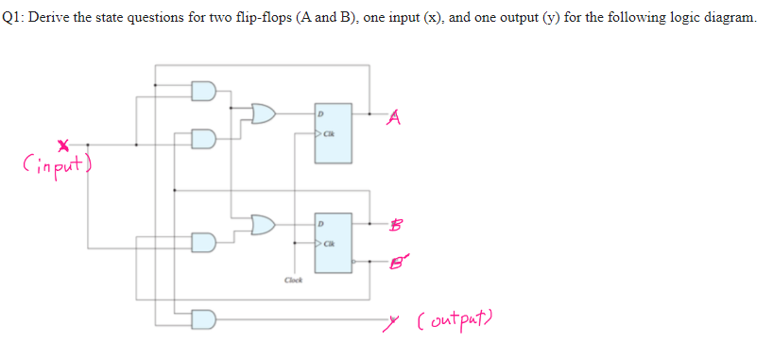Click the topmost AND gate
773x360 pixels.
[x=204, y=92]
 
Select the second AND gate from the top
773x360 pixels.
[x=204, y=141]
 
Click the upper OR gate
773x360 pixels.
[x=263, y=114]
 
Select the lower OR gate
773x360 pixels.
[x=263, y=224]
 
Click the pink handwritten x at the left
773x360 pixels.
[x=63, y=146]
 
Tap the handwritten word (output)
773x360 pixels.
[x=466, y=325]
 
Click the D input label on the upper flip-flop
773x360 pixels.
[x=320, y=113]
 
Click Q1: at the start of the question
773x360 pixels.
[x=17, y=18]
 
